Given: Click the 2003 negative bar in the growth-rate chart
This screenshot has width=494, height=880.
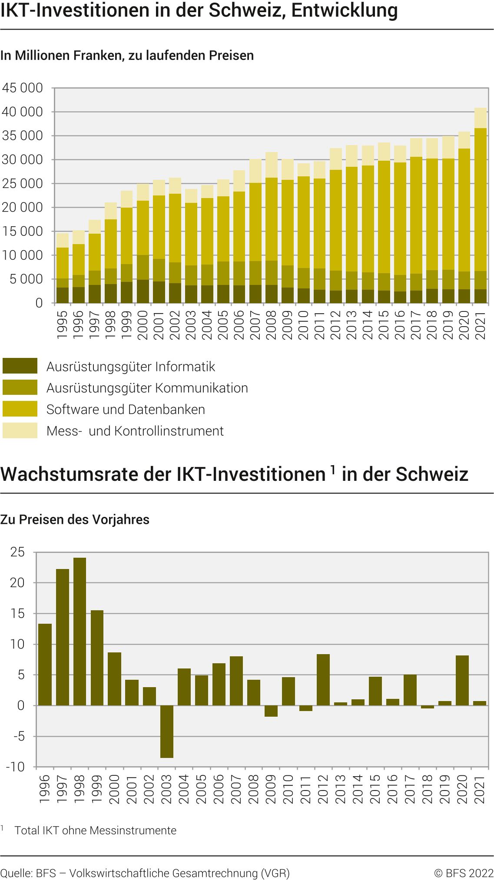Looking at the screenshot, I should (167, 731).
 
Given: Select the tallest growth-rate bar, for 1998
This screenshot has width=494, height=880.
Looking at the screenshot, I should (80, 632).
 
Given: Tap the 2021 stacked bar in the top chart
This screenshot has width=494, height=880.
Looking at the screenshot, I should (480, 205).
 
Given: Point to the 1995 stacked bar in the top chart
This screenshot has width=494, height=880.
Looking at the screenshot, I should (63, 268).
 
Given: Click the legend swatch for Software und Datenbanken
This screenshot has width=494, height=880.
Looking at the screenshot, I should (20, 409).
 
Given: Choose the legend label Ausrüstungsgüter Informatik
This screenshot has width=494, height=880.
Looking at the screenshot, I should (131, 367).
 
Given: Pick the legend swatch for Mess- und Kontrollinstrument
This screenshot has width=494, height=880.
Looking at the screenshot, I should (20, 430).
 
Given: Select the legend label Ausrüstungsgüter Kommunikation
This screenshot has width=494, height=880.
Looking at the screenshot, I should (147, 388).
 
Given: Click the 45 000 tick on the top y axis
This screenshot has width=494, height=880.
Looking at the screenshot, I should (23, 88).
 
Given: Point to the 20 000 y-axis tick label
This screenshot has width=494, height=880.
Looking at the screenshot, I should (23, 208).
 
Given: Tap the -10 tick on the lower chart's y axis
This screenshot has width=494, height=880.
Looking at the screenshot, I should (16, 767).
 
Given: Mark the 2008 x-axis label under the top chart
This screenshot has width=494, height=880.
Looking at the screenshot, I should (272, 325).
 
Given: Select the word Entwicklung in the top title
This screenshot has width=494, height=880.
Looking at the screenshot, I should (345, 10).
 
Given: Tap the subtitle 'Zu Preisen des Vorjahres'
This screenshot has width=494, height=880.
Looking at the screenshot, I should (75, 519).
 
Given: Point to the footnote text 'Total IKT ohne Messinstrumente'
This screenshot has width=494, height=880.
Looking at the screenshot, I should (96, 830).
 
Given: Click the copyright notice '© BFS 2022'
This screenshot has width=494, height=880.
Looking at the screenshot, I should (464, 873).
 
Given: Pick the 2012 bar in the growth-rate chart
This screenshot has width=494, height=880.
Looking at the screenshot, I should (323, 680).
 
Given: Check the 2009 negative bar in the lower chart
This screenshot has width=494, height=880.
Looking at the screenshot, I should (271, 711).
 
